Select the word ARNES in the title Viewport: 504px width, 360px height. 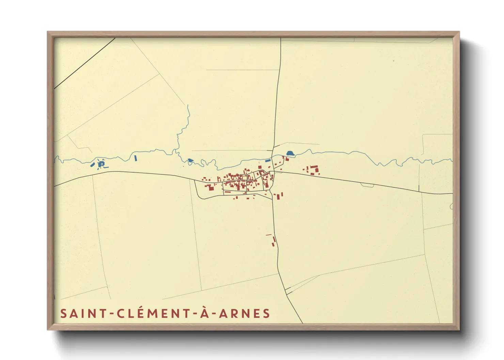point(244,313)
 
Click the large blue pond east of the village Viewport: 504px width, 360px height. point(290,153)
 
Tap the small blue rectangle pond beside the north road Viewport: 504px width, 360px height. point(268,160)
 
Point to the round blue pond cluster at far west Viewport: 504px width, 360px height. point(100,164)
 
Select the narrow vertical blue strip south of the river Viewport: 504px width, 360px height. point(136,158)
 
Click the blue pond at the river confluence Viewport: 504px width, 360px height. point(190,160)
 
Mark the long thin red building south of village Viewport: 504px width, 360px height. point(269,235)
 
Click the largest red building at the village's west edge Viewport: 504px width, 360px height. point(210,187)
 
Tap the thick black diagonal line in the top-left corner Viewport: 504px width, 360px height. point(85,63)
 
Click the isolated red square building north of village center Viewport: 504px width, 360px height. point(261,167)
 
